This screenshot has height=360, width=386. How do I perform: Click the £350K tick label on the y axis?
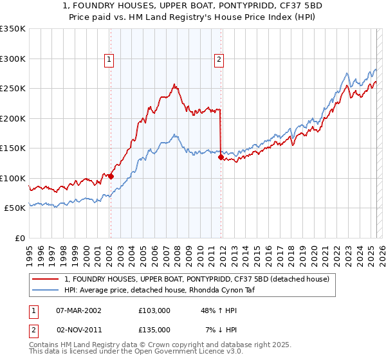pyautogui.click(x=14, y=29)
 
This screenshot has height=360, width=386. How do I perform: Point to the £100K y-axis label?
pyautogui.click(x=14, y=178)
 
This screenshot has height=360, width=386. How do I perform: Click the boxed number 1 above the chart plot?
pyautogui.click(x=109, y=60)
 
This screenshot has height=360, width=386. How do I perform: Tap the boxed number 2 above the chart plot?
pyautogui.click(x=219, y=60)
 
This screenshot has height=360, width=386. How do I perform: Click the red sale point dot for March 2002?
pyautogui.click(x=111, y=176)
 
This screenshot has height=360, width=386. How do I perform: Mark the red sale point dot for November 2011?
pyautogui.click(x=221, y=157)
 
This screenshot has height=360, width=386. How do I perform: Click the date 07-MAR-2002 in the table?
pyautogui.click(x=79, y=310)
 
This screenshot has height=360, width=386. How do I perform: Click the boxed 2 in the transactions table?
pyautogui.click(x=34, y=329)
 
